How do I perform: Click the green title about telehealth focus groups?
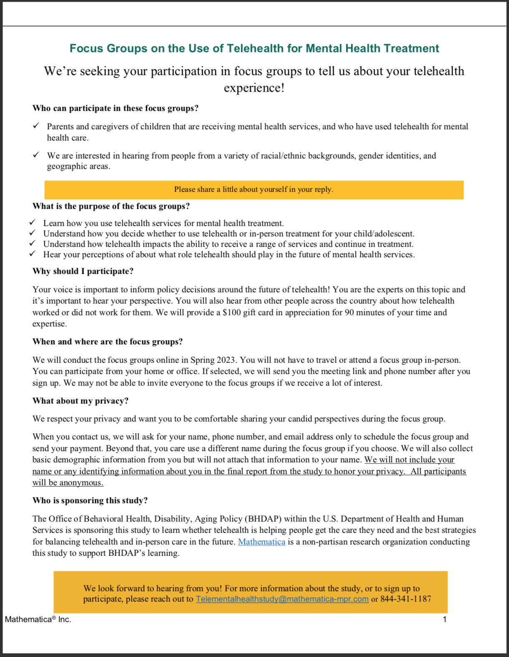coord(254,48)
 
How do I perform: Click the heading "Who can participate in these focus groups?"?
coord(116,108)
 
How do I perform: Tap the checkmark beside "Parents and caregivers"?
coord(36,125)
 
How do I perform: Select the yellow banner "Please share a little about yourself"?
coord(254,190)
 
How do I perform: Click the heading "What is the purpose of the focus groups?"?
coord(111,206)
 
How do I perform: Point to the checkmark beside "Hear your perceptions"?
coord(33,254)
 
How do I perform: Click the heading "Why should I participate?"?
coord(83,271)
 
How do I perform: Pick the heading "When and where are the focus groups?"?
coord(108,342)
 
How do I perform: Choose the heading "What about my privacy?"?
coord(81,401)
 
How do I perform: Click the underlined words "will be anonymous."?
coord(68,483)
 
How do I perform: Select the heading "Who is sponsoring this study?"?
coord(90,501)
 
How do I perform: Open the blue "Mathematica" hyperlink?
coord(262,542)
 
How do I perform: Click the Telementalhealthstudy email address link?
coord(282,599)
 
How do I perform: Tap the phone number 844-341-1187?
coord(406,599)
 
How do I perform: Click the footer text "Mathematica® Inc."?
coord(38,619)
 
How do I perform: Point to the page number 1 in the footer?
coord(445,619)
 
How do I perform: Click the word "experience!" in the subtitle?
coord(254,88)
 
